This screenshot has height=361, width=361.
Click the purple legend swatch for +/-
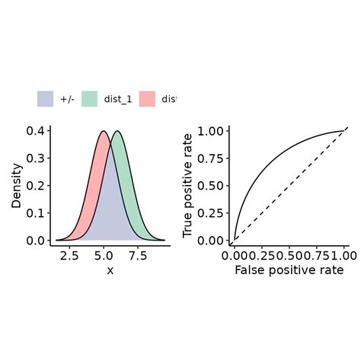pos(45,99)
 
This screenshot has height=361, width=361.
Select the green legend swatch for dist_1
pos(90,99)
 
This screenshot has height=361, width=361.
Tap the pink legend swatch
pos(147,99)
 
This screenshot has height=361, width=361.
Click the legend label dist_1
pos(118,99)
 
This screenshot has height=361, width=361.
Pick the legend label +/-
pos(67,99)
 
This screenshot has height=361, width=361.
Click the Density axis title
pos(16,186)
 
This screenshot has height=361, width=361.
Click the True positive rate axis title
pos(187,186)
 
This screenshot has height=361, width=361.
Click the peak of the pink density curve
pos(104,131)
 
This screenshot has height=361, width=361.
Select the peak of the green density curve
pos(117,131)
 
